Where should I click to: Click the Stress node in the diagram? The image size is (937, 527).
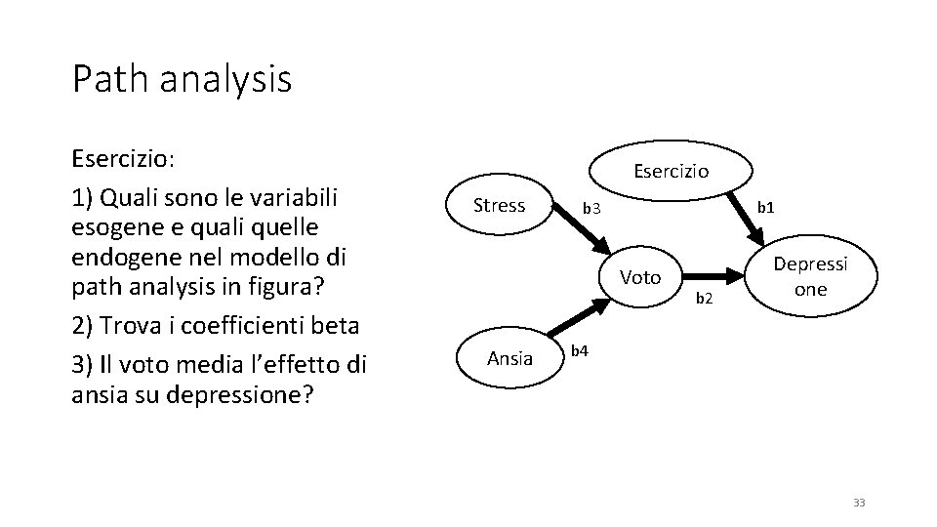[x=499, y=205]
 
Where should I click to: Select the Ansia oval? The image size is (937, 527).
[x=509, y=358]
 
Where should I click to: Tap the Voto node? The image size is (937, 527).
[x=640, y=277]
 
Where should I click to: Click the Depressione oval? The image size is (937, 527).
[x=810, y=277]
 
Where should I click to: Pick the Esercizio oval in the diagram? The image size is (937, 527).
[x=671, y=171]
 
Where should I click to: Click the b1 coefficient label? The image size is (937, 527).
[x=766, y=207]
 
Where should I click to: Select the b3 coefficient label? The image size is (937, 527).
[x=591, y=208]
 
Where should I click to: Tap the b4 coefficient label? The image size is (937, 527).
[x=579, y=349]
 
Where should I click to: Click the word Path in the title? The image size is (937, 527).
[x=102, y=79]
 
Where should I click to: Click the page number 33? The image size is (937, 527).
[x=859, y=502]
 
